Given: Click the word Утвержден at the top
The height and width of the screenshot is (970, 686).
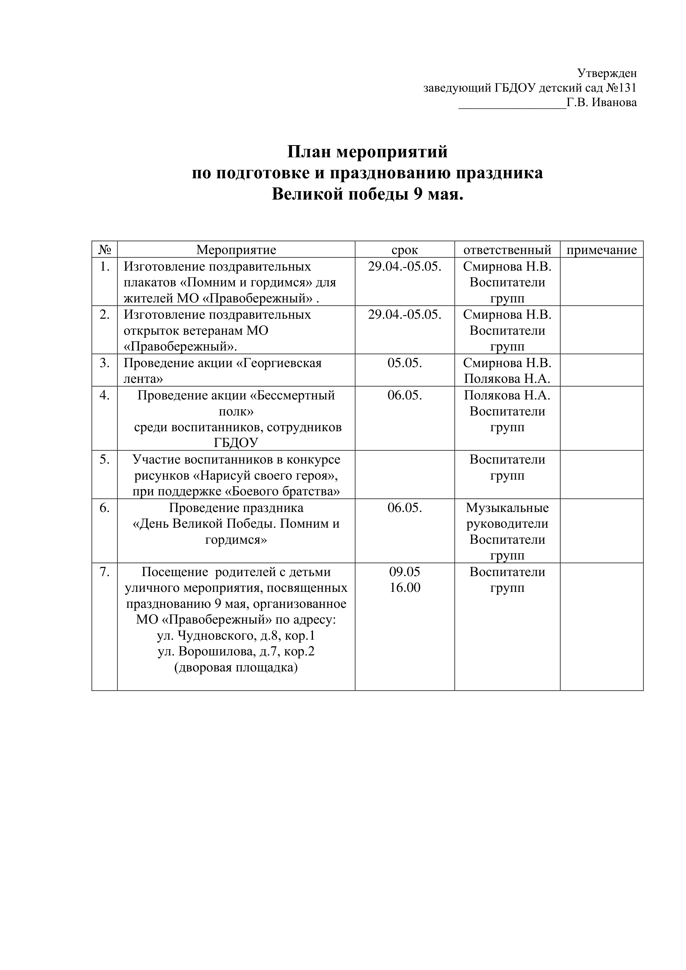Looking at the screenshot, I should click(x=607, y=74).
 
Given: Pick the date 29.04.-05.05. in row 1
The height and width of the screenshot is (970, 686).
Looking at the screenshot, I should click(x=405, y=266).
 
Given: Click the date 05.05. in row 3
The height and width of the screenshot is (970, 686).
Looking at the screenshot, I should click(x=405, y=363).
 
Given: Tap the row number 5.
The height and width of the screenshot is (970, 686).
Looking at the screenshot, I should click(x=105, y=459).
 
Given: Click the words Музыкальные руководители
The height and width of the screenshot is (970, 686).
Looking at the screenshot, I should click(x=507, y=516).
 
